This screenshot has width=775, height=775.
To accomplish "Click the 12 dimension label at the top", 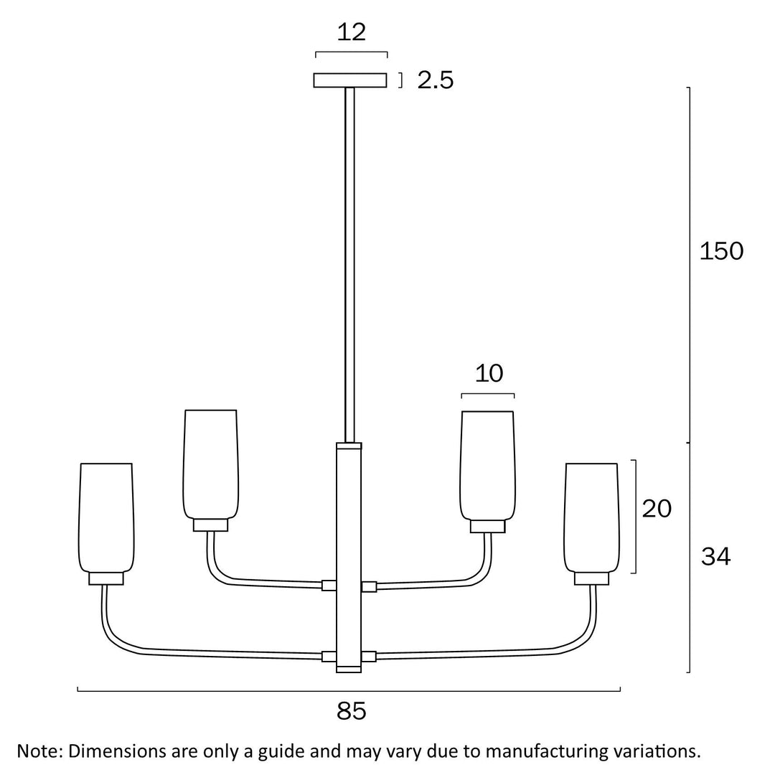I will [x=352, y=32].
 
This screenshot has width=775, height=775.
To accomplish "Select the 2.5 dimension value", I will [x=436, y=80].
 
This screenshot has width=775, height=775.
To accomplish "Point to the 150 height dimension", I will [x=721, y=251].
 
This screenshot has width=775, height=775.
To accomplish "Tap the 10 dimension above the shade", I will [x=489, y=373].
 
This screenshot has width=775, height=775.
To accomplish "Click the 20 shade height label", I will [x=657, y=509].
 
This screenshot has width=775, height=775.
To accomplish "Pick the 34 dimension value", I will [x=715, y=556].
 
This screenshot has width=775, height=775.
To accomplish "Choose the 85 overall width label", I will [x=351, y=711].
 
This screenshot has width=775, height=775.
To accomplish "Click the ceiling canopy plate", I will [x=350, y=80].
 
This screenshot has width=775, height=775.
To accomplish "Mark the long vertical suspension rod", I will [x=350, y=266].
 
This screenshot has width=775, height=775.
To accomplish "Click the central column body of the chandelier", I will [x=349, y=556].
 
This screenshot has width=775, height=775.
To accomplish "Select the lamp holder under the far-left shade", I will [x=106, y=578].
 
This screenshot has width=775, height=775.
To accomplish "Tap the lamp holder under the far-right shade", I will [x=591, y=578].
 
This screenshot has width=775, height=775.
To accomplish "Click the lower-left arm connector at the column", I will [x=329, y=656].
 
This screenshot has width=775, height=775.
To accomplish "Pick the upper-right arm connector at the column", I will [x=370, y=586].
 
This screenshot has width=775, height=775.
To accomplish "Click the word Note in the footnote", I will [x=39, y=751].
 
